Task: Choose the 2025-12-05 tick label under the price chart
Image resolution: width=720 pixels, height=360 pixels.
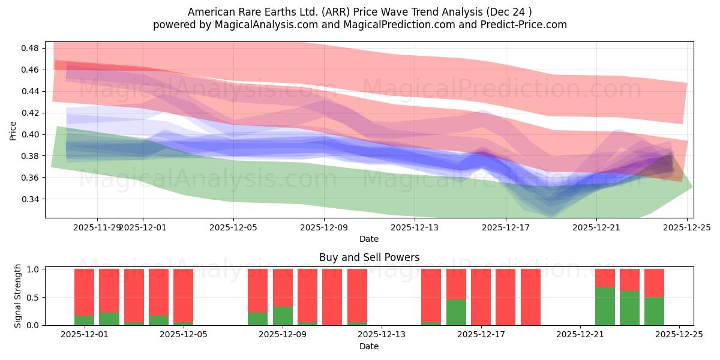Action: [x=233, y=227]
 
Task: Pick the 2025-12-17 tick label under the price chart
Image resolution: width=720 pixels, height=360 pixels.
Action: [x=505, y=227]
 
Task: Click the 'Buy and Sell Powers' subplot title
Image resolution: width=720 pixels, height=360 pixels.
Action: [x=368, y=257]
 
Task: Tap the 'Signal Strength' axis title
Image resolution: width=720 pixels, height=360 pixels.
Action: [x=18, y=296]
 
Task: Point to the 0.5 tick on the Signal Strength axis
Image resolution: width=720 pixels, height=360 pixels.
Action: [x=34, y=297]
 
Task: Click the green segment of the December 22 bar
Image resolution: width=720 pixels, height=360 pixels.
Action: [x=605, y=306]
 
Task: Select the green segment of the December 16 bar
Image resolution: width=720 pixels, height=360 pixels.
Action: [x=456, y=313]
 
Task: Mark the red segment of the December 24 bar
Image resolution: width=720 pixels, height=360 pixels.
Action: [x=654, y=283]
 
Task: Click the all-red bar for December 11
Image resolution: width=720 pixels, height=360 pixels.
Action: [x=332, y=297]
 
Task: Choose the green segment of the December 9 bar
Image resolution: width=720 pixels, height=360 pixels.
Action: [x=283, y=316]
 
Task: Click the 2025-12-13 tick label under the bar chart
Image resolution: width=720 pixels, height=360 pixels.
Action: [x=382, y=334]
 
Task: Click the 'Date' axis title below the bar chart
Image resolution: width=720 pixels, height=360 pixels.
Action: [x=368, y=346]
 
